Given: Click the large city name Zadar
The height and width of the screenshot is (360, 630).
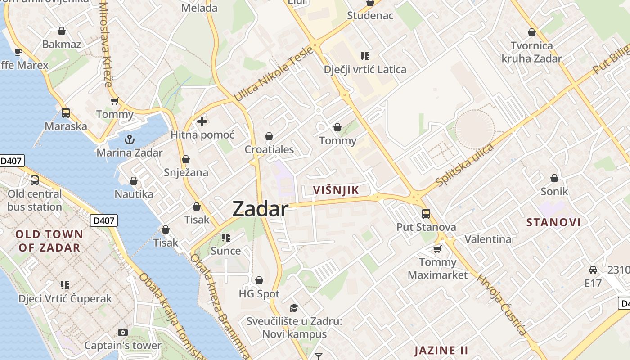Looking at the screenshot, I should pos(260,209).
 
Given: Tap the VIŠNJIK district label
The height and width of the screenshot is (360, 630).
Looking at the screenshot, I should pos(336,190).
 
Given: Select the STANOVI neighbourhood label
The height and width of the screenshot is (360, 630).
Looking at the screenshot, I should pos(553,222).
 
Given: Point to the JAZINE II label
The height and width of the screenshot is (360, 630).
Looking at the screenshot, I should pos(441,351).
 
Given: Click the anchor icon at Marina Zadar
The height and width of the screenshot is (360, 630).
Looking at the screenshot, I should pos(130,139).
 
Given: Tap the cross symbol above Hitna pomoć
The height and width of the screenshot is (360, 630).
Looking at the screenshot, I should pos(202,121).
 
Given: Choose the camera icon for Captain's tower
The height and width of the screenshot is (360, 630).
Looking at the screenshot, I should pos(122,333).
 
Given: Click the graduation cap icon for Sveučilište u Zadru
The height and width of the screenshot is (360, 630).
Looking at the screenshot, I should pos(294,308).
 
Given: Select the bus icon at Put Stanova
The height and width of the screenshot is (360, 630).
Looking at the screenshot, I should pos(426,214).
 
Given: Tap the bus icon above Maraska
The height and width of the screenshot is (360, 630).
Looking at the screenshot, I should pos(66,112).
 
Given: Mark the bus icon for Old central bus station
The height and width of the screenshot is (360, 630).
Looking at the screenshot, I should pos(35,180).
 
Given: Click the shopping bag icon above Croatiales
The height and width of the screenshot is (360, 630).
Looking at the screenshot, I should pos(269,136).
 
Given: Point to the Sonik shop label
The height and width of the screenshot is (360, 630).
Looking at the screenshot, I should pos(554,192).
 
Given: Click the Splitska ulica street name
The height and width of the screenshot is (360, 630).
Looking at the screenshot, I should pos(464,165).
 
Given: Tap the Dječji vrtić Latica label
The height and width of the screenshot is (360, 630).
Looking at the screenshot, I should pos(365,70).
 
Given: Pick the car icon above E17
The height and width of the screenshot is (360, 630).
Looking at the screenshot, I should pos(593,270).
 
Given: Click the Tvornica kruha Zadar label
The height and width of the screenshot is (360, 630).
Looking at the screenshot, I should pos(531,52).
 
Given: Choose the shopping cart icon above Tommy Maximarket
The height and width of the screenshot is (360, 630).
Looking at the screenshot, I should pos(437,249).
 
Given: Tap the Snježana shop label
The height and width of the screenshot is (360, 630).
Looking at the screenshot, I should pos(186,173).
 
